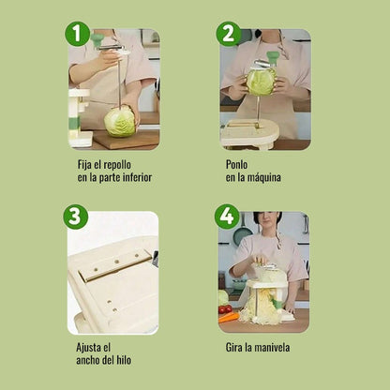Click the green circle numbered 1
[78, 35]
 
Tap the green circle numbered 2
[228, 35]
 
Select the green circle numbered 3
[76, 216]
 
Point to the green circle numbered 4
[227, 217]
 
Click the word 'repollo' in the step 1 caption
[130, 163]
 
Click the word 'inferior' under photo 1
[133, 177]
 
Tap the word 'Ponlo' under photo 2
[237, 163]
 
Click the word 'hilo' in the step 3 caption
[136, 361]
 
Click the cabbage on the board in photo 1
[120, 121]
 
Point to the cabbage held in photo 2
[262, 82]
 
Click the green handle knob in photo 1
[97, 40]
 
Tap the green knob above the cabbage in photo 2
[273, 58]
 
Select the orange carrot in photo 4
[229, 317]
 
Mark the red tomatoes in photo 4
[225, 308]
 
